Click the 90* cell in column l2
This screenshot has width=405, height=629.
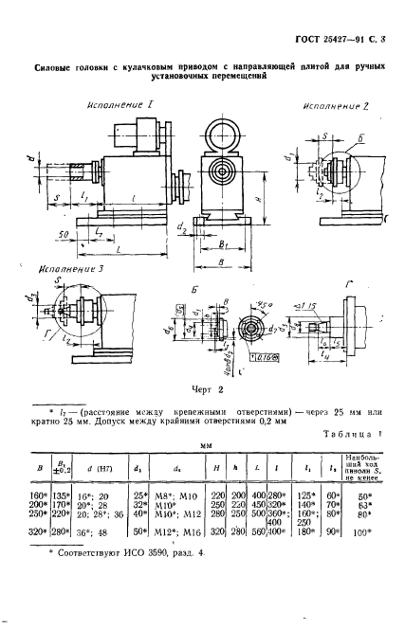(334, 557)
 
